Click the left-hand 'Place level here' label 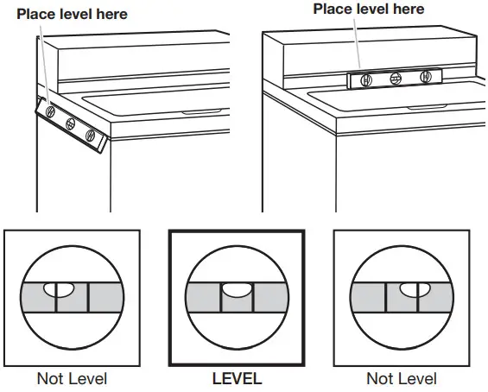point(72,14)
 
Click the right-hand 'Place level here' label point(369,9)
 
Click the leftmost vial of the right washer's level point(366,79)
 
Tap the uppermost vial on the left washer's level point(50,111)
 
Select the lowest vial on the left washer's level point(90,135)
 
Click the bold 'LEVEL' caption point(237,379)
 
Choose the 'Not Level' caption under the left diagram point(72,379)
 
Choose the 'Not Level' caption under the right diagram point(401,379)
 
